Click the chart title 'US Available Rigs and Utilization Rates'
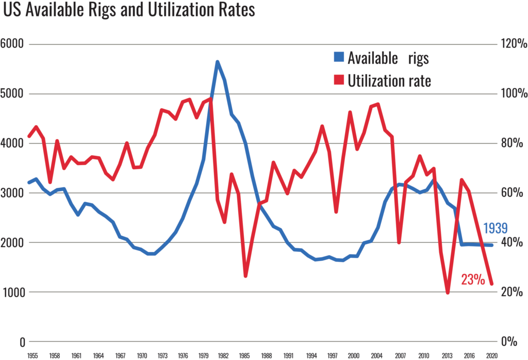pyautogui.click(x=129, y=11)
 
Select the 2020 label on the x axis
pyautogui.click(x=491, y=356)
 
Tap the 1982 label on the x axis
pyautogui.click(x=223, y=356)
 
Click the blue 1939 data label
pyautogui.click(x=496, y=229)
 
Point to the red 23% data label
pyautogui.click(x=473, y=280)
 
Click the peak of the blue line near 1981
pyautogui.click(x=218, y=62)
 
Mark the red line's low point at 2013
pyautogui.click(x=448, y=293)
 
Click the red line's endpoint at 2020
pyautogui.click(x=491, y=284)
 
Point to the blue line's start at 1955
pyautogui.click(x=29, y=183)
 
